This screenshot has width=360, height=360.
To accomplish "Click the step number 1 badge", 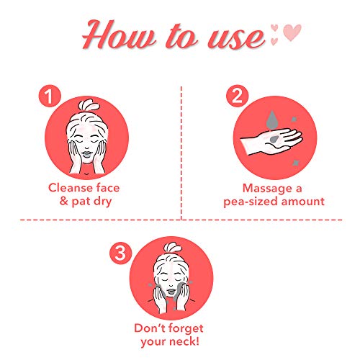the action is click(50, 96).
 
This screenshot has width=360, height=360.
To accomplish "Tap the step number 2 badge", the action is click(238, 96).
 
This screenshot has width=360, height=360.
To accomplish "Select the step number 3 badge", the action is click(121, 253).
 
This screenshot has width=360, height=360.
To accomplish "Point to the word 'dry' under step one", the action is click(102, 202).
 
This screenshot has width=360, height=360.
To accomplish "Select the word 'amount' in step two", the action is click(303, 201).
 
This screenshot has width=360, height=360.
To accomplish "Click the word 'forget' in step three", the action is click(184, 328).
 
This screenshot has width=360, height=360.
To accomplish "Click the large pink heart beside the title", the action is click(292, 32).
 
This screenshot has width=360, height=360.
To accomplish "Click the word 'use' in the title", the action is click(236, 37).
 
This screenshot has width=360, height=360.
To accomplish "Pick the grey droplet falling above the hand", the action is click(271, 120).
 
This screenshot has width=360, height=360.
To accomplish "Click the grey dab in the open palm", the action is click(274, 139).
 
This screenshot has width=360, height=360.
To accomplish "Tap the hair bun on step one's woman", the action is click(88, 105).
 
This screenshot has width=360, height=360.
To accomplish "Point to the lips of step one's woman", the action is click(86, 154).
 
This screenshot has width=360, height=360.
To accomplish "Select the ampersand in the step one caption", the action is click(64, 201).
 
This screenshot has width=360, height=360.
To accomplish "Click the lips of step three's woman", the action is click(171, 292).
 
